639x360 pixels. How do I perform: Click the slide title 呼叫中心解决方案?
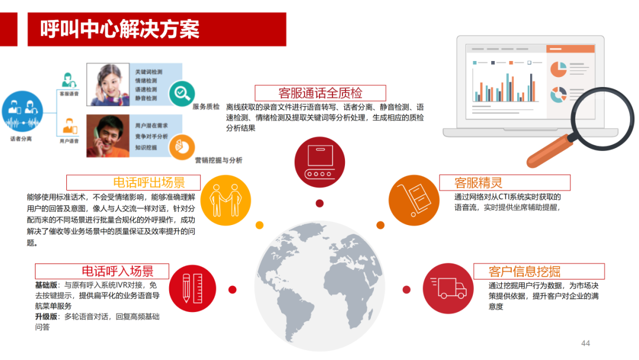pos(120,29)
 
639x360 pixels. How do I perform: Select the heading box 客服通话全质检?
pos(320,93)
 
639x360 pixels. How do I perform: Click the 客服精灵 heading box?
pos(504,182)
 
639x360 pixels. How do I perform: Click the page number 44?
pos(586,343)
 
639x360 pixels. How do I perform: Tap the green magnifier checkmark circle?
pos(182,92)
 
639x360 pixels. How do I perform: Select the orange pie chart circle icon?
pos(182,147)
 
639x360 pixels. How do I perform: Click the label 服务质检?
pos(206,107)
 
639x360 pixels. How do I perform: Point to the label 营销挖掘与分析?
pos(218,160)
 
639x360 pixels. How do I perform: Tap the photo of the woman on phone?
pos(108,85)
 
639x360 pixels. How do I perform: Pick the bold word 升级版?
pos(46,317)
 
